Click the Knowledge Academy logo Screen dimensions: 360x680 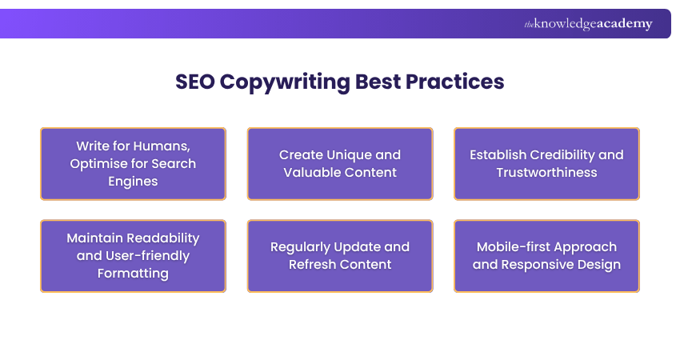(x=588, y=24)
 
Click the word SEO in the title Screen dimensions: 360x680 (x=195, y=82)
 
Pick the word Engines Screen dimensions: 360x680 (x=133, y=181)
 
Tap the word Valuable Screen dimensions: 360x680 (x=312, y=172)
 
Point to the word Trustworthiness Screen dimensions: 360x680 (x=546, y=172)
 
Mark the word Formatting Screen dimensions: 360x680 (x=133, y=274)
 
